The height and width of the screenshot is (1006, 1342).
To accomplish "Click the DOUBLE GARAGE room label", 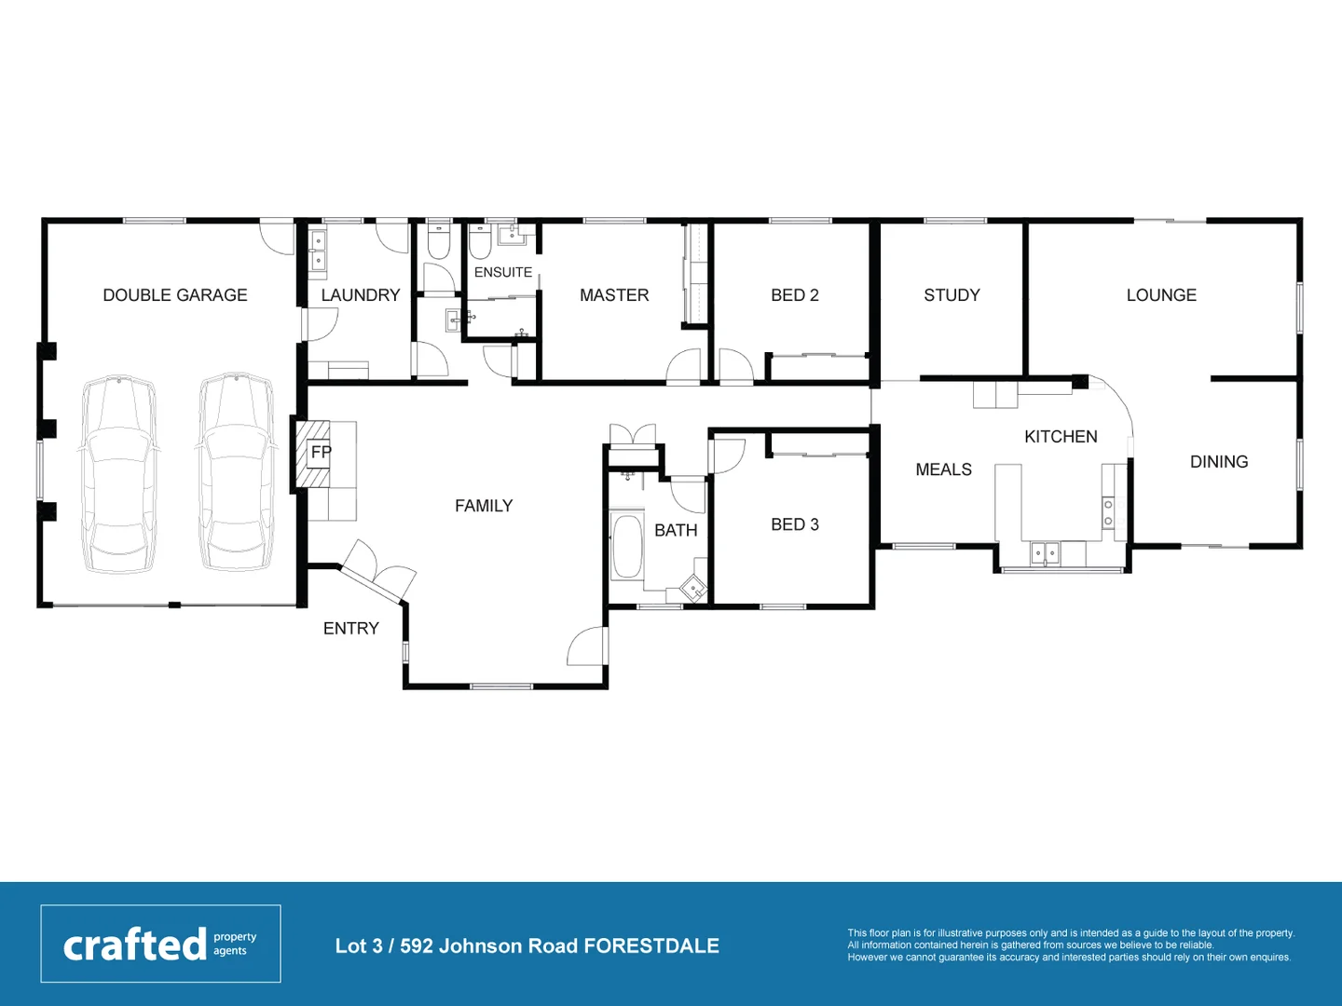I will click(x=175, y=295).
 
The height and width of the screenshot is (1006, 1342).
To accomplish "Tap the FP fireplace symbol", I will click(x=321, y=453).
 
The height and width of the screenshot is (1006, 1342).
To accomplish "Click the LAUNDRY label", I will click(x=361, y=295).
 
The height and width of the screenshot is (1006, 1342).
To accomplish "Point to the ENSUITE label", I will click(x=503, y=272).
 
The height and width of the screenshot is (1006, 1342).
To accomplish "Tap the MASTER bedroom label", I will click(x=614, y=295).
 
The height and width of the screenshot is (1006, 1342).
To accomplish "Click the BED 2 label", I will click(x=795, y=295).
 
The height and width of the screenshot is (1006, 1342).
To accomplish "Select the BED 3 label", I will click(x=795, y=524).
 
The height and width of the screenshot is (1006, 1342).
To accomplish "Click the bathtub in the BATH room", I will click(x=626, y=547).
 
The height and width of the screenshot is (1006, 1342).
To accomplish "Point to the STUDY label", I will click(x=952, y=295).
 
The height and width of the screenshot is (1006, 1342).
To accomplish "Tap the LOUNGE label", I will click(x=1161, y=295).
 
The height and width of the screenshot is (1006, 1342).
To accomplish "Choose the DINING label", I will click(x=1219, y=462).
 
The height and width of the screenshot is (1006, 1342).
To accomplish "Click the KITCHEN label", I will click(x=1061, y=437).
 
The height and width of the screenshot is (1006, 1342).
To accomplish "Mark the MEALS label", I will click(x=943, y=469).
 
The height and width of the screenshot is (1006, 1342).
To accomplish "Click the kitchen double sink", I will click(x=1045, y=553).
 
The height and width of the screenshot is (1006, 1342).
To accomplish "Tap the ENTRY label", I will click(x=351, y=629).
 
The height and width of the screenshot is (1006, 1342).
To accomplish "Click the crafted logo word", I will click(x=135, y=945).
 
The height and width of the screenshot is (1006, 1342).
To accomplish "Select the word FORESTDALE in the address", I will click(x=651, y=946).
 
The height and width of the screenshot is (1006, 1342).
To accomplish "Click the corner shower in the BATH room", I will click(x=694, y=588).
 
